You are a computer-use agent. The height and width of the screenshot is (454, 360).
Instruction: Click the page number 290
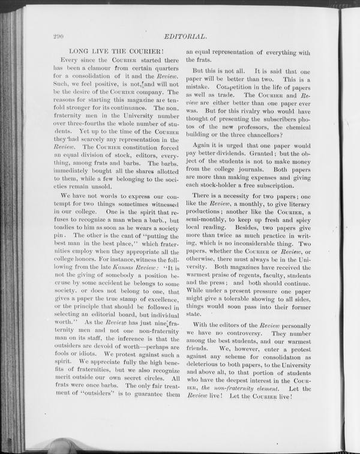[x=58, y=37]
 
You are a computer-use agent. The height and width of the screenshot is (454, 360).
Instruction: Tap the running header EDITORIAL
[x=185, y=37]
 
